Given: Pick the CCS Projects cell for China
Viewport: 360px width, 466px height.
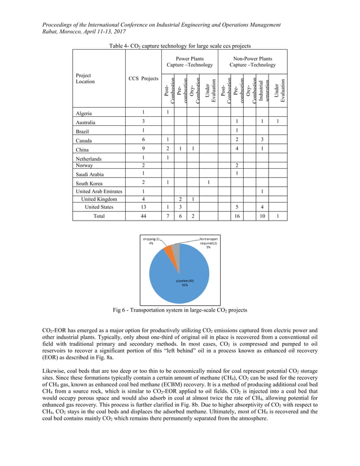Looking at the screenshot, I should [143, 149].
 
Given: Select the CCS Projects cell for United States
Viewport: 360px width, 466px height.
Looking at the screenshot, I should [143, 207].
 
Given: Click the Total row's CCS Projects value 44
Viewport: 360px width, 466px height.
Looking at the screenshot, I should [143, 216].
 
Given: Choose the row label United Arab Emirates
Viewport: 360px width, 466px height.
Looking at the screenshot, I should [99, 191].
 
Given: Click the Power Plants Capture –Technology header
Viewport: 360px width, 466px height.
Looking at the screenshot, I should [190, 61].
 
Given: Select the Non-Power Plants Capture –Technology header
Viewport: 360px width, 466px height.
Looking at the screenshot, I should [252, 61].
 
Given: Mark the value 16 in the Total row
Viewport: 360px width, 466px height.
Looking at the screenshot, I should [238, 216].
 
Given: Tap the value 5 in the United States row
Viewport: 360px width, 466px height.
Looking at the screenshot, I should [238, 207].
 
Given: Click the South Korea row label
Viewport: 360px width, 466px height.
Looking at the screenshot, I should [90, 183].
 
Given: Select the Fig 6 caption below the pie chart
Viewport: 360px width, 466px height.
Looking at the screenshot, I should [180, 310].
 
